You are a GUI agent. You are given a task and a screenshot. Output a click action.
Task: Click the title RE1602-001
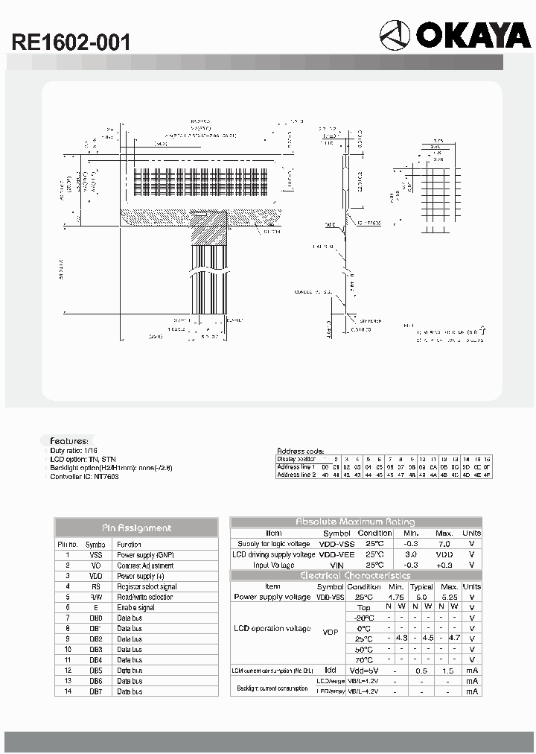click(71, 42)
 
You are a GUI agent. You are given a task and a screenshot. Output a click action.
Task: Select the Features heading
click(68, 441)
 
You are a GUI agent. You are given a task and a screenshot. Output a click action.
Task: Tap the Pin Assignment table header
click(136, 528)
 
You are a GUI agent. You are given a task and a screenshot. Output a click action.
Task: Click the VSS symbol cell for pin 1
click(95, 555)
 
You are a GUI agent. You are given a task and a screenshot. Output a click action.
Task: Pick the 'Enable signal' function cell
click(137, 607)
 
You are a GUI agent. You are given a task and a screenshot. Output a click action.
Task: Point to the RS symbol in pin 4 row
click(95, 586)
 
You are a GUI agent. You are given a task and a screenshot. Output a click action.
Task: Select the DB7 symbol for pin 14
click(95, 691)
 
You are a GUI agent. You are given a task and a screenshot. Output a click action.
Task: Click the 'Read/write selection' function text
click(144, 597)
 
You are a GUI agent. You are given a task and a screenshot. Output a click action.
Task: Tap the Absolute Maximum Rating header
click(356, 522)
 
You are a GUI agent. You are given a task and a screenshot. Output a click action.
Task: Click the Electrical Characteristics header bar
click(356, 576)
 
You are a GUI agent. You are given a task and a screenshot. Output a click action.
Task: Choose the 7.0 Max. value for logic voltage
click(444, 544)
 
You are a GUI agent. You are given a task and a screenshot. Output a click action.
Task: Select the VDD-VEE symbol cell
click(336, 554)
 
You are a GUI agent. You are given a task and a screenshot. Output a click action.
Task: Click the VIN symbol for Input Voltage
click(336, 565)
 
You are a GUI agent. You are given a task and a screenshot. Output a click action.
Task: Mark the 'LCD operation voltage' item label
click(272, 629)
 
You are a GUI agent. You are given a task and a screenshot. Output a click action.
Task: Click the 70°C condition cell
click(364, 659)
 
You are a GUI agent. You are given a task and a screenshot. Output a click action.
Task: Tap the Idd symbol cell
click(331, 671)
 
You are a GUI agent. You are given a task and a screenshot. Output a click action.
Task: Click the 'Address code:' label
click(300, 451)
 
